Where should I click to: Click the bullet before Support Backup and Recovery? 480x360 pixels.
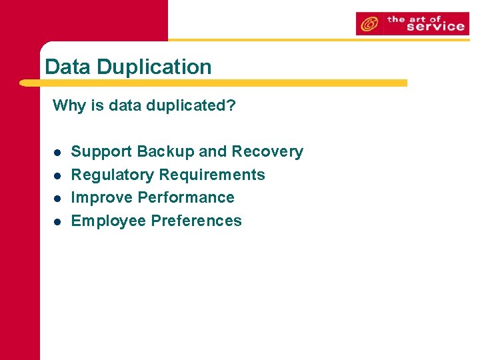point(57,153)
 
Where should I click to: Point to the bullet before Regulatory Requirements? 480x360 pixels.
point(57,175)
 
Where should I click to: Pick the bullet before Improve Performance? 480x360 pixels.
point(57,199)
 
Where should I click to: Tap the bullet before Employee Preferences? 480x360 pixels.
point(57,221)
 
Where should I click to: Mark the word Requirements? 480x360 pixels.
point(211,175)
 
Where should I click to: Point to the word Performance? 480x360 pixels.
point(186,197)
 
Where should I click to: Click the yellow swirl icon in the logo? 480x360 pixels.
point(368,25)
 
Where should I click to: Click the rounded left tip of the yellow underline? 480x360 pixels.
point(24,83)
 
